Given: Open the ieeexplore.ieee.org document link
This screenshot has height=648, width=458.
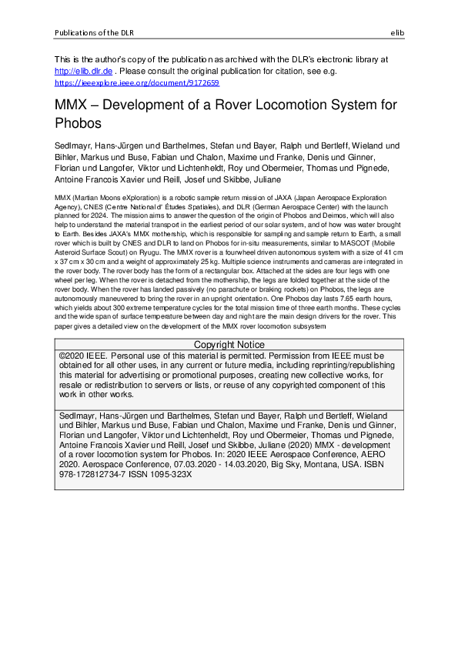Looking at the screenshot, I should point(137,82).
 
